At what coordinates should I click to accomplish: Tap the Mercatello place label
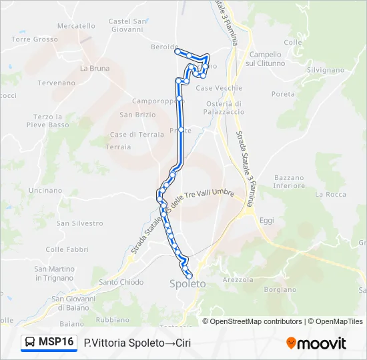coord(76,26)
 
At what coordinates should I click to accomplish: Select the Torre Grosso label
coord(35,39)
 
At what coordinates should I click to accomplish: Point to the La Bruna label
coord(95,68)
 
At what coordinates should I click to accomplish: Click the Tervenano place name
coord(56,83)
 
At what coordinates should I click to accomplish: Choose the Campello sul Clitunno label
coord(266,59)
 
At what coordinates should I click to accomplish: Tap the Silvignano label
coord(325,69)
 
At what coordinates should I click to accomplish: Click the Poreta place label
coord(283,94)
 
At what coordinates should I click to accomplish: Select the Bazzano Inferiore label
coord(289,181)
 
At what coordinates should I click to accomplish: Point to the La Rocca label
coord(331,194)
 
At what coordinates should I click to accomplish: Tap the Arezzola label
coord(239,279)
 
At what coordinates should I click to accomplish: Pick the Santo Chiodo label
coord(121,282)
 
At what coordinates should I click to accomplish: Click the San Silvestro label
coord(80,223)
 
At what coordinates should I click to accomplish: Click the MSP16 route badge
coord(56,342)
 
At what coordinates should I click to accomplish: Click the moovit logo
coord(316,343)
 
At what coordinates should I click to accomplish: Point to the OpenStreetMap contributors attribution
coord(254,321)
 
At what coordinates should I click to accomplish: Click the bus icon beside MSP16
coord(30,343)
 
